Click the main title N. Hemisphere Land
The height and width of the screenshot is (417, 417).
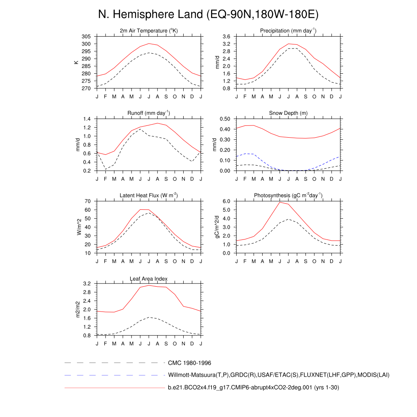(x=208, y=15)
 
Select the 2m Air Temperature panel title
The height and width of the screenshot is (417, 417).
(x=149, y=31)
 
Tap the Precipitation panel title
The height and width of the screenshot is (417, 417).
(x=288, y=31)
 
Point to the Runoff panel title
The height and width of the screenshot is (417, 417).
(x=149, y=113)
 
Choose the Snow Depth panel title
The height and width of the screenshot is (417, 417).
(x=288, y=113)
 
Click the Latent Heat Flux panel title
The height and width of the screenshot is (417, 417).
(x=149, y=195)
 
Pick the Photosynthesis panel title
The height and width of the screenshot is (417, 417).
(x=288, y=195)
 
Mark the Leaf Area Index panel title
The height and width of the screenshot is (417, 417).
(x=149, y=279)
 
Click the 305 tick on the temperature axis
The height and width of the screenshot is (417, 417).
(x=86, y=37)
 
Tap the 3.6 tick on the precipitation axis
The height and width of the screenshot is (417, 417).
(x=226, y=37)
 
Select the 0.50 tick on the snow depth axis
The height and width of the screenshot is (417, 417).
(x=225, y=119)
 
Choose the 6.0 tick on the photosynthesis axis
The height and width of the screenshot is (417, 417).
(x=226, y=201)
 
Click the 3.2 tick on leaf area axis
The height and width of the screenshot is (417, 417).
(x=87, y=283)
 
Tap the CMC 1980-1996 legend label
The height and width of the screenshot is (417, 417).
(x=189, y=362)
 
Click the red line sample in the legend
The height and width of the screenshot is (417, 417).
(x=114, y=388)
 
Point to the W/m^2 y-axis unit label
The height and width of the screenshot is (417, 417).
(x=79, y=227)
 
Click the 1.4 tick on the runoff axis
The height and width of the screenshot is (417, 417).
(x=87, y=119)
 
